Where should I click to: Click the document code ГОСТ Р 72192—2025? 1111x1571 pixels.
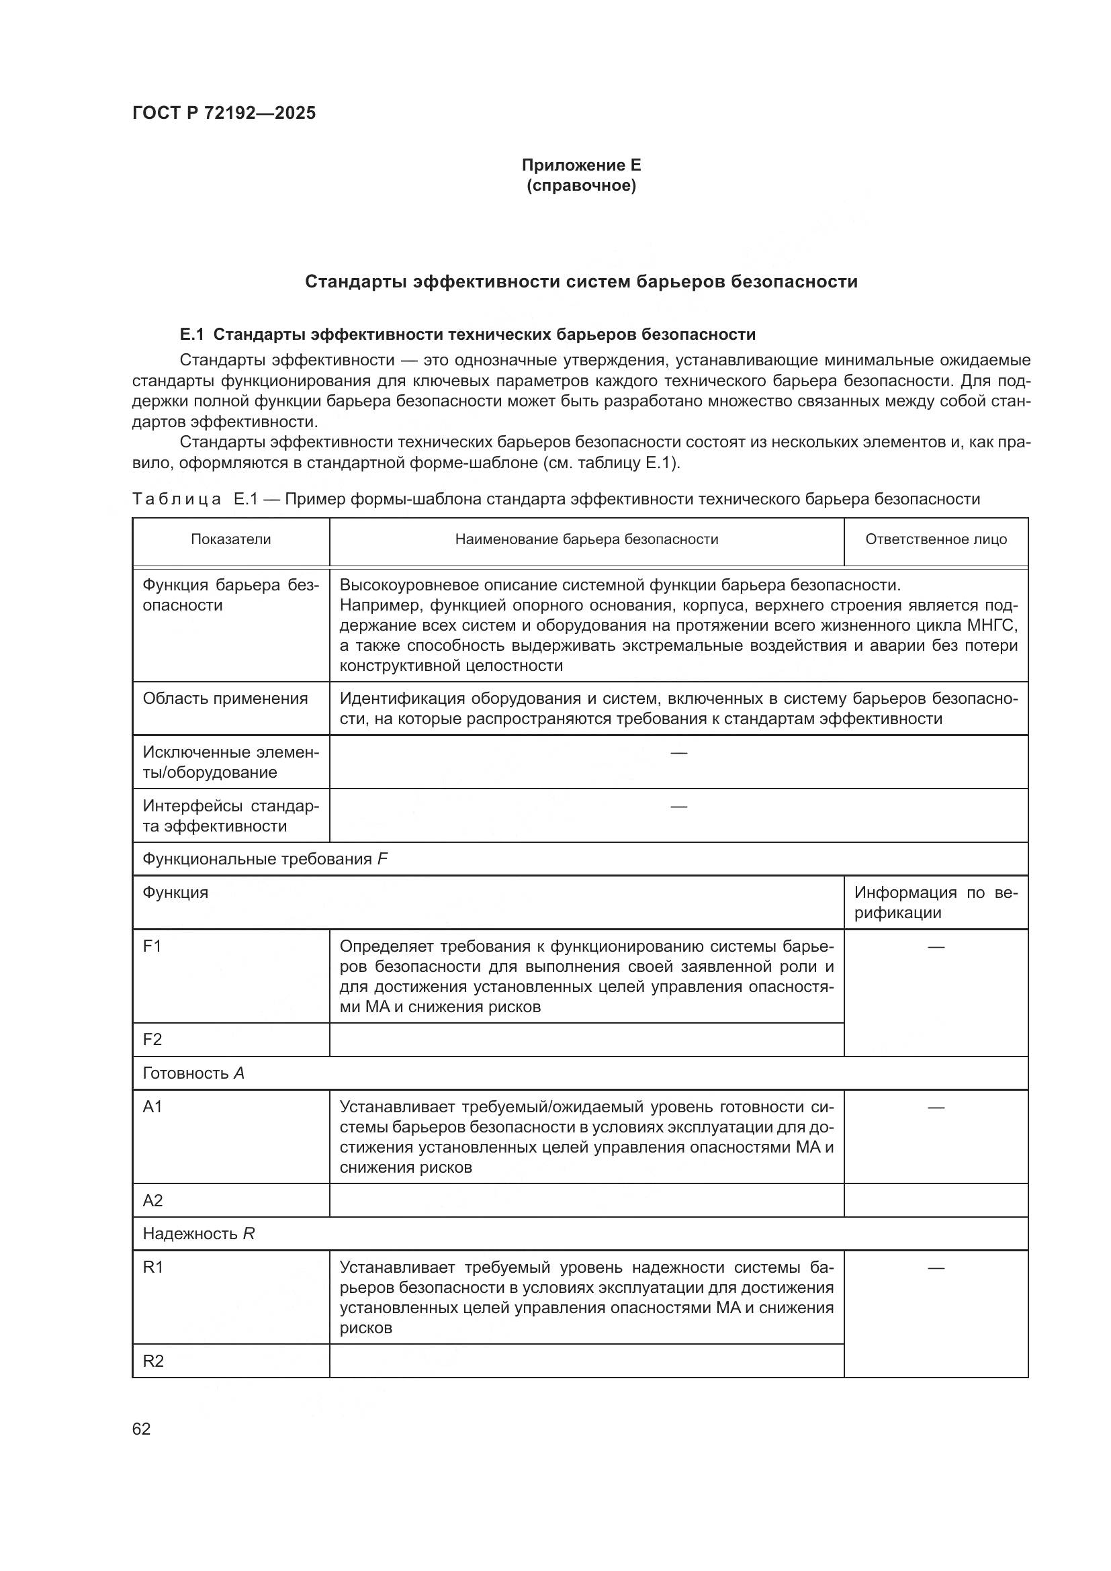[x=224, y=113]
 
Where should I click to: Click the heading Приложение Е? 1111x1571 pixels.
[x=581, y=165]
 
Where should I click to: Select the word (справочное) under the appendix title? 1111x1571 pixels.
[x=581, y=186]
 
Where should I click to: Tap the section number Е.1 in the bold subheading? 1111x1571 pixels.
[x=191, y=334]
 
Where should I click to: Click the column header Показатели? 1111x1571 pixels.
[x=230, y=539]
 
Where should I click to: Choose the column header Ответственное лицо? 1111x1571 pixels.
[x=935, y=539]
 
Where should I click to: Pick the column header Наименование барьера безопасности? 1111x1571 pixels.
[x=586, y=539]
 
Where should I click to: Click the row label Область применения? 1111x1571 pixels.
[x=225, y=699]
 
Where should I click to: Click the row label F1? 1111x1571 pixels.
[x=152, y=946]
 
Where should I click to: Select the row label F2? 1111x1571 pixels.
[x=152, y=1040]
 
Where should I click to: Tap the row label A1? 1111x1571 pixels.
[x=152, y=1107]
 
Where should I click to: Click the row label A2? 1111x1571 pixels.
[x=152, y=1201]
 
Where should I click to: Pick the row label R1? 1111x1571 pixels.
[x=152, y=1267]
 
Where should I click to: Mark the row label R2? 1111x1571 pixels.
[x=153, y=1361]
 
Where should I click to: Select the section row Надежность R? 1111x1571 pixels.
[x=198, y=1234]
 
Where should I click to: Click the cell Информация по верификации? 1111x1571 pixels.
[x=935, y=903]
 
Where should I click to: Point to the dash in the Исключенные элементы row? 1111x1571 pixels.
[x=678, y=753]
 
